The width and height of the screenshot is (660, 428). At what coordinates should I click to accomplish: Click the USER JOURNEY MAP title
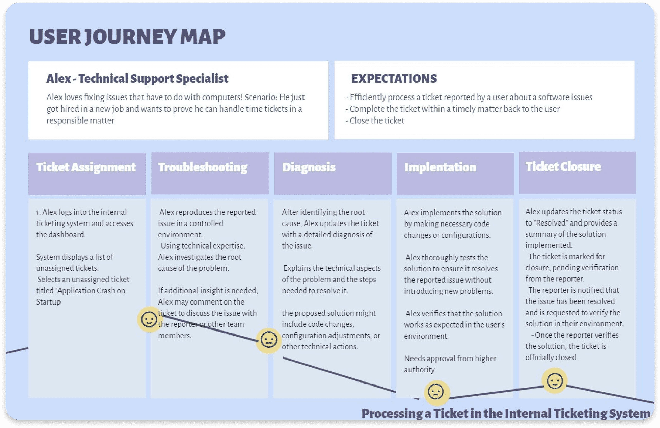click(127, 37)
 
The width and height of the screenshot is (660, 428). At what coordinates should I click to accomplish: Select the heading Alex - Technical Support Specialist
click(137, 78)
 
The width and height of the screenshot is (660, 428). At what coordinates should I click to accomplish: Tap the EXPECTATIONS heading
click(394, 78)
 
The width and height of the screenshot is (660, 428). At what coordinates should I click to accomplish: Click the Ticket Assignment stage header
click(86, 167)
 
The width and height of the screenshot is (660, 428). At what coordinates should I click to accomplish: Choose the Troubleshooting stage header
click(203, 167)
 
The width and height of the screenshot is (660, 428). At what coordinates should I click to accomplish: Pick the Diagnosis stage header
click(309, 167)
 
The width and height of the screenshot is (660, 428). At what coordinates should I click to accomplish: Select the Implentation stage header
click(440, 167)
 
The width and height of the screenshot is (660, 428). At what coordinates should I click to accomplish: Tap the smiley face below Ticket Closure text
click(555, 381)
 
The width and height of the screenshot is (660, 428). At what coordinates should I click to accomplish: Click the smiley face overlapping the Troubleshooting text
click(149, 319)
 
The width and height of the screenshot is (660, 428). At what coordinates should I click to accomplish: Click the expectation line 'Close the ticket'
click(377, 121)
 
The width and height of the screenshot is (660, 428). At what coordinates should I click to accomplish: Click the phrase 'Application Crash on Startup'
click(80, 296)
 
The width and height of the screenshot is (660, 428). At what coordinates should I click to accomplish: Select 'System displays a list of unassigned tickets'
click(74, 262)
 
